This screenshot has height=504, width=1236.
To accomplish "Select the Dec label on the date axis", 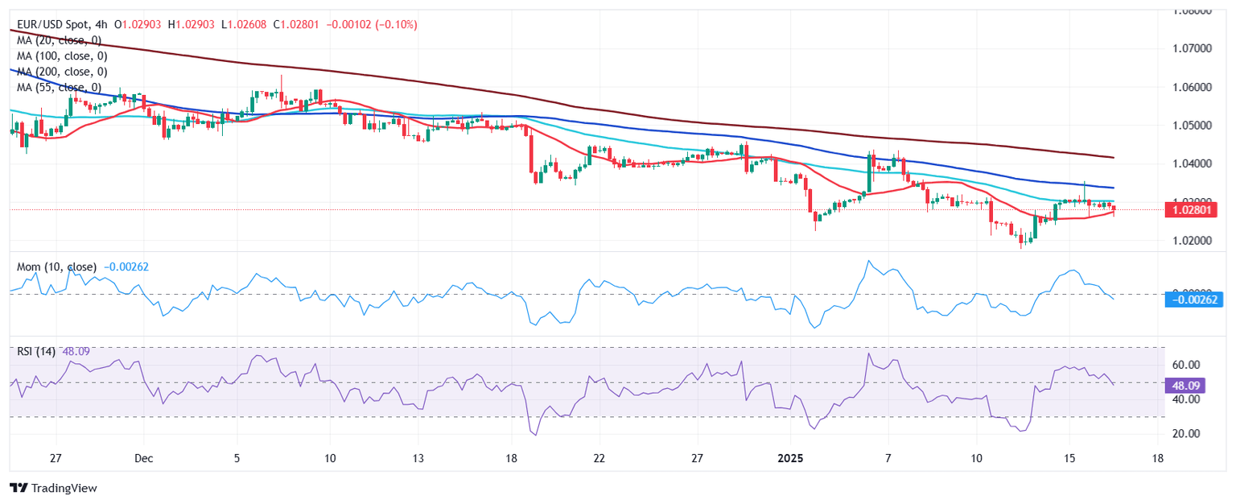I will [x=143, y=459].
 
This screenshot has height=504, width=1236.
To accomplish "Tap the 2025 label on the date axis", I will [x=789, y=459].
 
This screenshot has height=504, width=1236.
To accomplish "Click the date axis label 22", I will [x=598, y=459].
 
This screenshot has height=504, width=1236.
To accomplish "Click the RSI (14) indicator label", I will [x=36, y=351].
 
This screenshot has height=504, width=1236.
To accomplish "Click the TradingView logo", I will [x=53, y=488].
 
